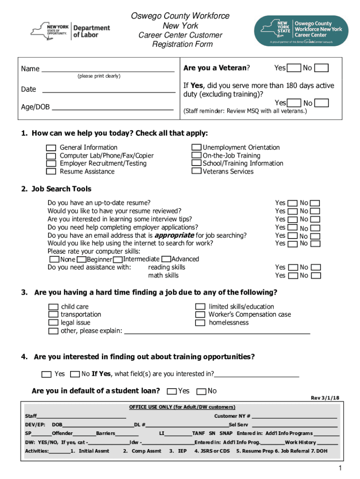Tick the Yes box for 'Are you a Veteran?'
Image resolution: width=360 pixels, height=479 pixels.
pyautogui.click(x=294, y=68)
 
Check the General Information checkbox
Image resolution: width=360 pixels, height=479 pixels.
pyautogui.click(x=51, y=148)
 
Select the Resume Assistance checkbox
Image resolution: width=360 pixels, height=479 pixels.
pyautogui.click(x=51, y=172)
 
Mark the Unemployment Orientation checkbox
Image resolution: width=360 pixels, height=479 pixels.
pyautogui.click(x=197, y=147)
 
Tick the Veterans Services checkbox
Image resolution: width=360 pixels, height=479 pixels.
pyautogui.click(x=197, y=171)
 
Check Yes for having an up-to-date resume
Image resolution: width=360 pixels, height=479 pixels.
pyautogui.click(x=293, y=203)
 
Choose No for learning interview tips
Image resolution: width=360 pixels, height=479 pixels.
pyautogui.click(x=316, y=219)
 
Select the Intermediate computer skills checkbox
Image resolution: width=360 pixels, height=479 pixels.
pyautogui.click(x=118, y=259)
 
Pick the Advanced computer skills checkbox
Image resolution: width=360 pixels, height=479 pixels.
pyautogui.click(x=166, y=259)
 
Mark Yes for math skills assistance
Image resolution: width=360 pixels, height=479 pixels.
pyautogui.click(x=293, y=276)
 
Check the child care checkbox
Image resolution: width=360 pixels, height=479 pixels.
pyautogui.click(x=54, y=307)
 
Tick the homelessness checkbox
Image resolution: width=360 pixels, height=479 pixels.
pyautogui.click(x=200, y=323)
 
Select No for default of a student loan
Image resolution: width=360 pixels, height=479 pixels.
pyautogui.click(x=202, y=392)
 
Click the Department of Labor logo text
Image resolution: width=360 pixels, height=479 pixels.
pyautogui.click(x=92, y=31)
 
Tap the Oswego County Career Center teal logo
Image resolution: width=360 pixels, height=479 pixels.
pyautogui.click(x=301, y=30)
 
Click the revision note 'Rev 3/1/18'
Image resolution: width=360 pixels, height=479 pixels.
pyautogui.click(x=325, y=398)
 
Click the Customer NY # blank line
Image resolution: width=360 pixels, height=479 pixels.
pyautogui.click(x=295, y=416)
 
